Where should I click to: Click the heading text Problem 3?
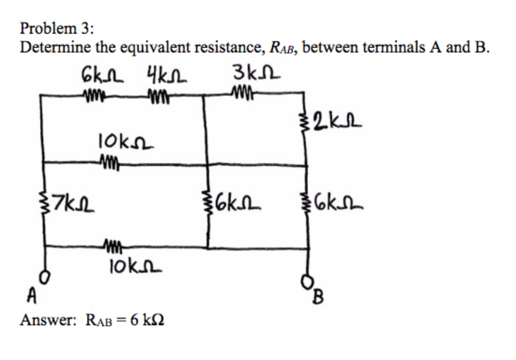click(x=56, y=28)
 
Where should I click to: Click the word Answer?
click(x=48, y=320)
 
